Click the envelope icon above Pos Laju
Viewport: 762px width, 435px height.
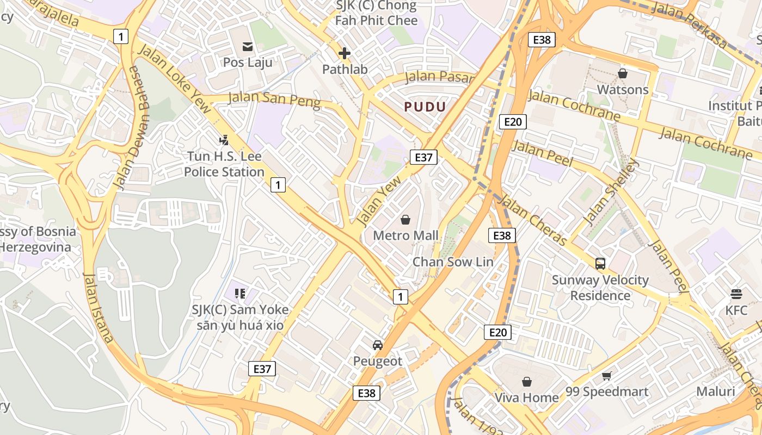coord(248,46)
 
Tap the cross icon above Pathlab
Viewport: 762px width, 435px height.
coord(344,53)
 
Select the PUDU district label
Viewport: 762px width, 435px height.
coord(425,107)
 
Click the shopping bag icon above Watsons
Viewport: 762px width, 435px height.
coord(623,73)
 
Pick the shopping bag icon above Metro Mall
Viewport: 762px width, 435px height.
coord(405,219)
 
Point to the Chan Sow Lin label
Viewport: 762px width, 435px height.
coord(453,262)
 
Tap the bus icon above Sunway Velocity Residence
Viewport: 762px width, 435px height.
coord(600,264)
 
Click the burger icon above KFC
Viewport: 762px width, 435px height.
coord(736,294)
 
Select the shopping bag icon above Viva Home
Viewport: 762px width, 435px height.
coord(526,381)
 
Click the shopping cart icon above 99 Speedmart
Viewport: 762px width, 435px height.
coord(607,376)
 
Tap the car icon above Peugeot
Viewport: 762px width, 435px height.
coord(378,345)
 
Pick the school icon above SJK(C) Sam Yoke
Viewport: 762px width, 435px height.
coord(240,294)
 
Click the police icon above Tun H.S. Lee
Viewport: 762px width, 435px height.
coord(224,140)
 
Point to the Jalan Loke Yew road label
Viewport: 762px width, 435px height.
coord(175,78)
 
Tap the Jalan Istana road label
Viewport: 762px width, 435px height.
coord(98,307)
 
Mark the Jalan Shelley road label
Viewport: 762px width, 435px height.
coord(610,192)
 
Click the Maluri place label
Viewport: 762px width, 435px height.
coord(716,391)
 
